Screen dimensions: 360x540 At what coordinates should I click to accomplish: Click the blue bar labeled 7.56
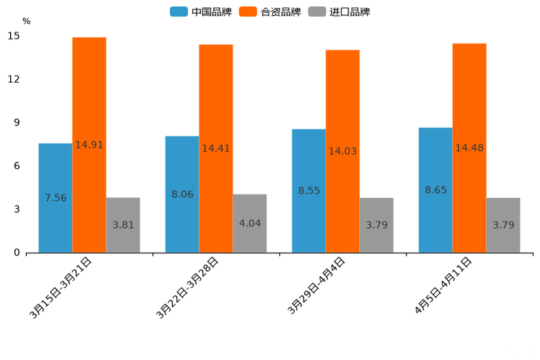click(55, 197)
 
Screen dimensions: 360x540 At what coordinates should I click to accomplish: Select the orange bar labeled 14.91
click(89, 144)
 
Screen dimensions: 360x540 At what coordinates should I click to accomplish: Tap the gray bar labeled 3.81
click(123, 225)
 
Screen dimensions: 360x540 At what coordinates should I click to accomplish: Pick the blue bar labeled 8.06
click(182, 194)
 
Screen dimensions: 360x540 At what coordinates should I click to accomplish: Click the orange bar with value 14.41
click(216, 148)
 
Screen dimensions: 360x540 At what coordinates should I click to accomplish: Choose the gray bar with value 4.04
click(250, 223)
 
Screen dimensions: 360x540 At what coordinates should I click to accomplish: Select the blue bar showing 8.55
click(308, 190)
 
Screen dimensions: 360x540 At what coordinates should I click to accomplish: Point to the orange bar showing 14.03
click(343, 151)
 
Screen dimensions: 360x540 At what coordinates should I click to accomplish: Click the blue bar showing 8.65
click(435, 189)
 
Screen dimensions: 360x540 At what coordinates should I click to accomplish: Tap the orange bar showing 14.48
click(470, 147)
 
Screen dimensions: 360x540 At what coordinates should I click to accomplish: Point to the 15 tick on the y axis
click(15, 36)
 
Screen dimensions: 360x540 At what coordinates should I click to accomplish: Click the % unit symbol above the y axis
click(26, 21)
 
